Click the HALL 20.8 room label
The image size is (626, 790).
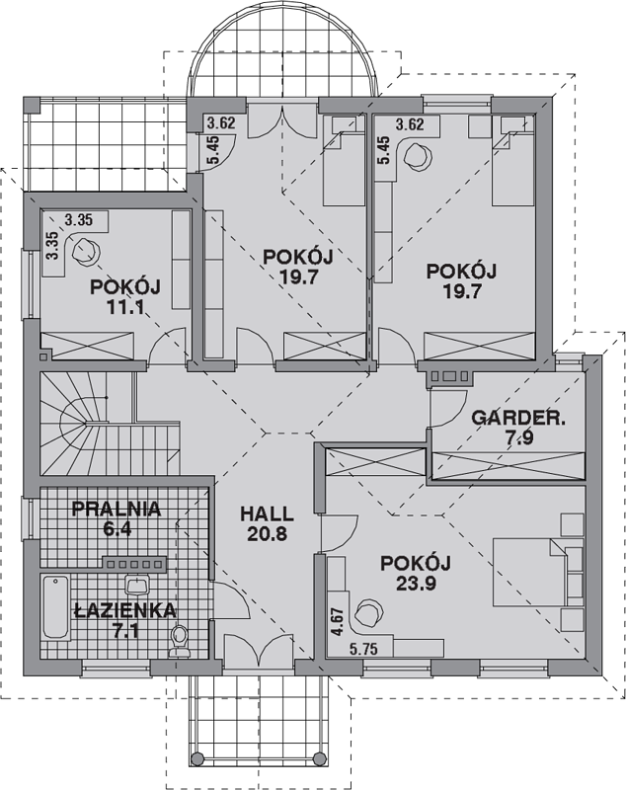267,524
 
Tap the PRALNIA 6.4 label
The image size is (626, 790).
117,518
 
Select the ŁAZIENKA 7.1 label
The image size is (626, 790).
125,621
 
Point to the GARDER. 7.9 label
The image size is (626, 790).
518,428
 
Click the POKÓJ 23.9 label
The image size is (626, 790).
416,574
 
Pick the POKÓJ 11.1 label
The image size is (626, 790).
125,297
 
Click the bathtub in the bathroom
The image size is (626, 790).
55,608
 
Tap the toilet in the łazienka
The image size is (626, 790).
179,641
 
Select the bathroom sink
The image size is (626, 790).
136,586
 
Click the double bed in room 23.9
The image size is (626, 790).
538,572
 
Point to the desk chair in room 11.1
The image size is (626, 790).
86,252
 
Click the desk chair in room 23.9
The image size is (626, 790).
368,612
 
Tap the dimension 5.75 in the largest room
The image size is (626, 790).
363,650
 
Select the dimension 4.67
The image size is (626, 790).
337,622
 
